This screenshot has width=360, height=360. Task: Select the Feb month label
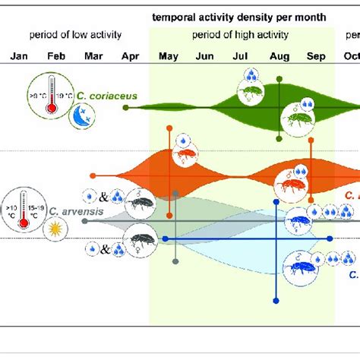click(56, 56)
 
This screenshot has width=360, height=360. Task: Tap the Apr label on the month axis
click(131, 56)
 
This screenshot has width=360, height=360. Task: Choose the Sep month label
click(315, 56)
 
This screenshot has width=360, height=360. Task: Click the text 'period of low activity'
click(75, 35)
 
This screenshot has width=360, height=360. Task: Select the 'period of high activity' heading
click(242, 35)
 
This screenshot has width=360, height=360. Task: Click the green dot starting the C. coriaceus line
click(126, 107)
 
